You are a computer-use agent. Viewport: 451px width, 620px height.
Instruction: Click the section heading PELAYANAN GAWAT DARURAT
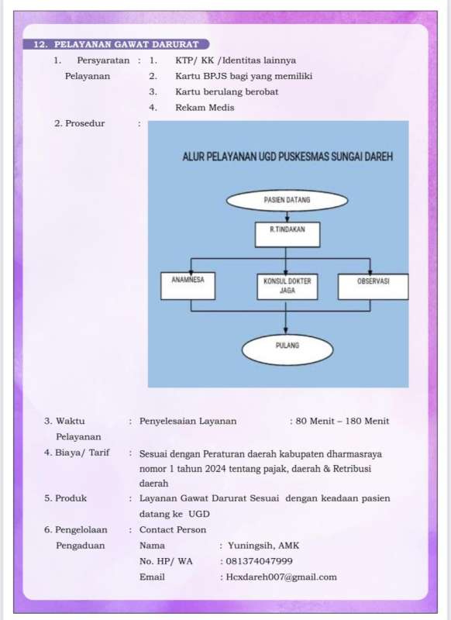(126, 44)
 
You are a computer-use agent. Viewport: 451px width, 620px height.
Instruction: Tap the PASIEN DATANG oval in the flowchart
(287, 201)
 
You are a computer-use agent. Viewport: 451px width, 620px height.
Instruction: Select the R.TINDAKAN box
(287, 235)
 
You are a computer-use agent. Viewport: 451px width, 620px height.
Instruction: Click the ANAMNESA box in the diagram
(188, 285)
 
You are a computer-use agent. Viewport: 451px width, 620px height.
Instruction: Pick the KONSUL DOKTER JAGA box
(287, 286)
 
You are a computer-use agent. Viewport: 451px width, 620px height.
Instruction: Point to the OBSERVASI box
(374, 286)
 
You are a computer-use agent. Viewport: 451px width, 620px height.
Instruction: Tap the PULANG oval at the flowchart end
(287, 350)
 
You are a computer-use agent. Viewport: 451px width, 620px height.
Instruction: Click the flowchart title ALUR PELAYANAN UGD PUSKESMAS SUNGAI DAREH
(287, 157)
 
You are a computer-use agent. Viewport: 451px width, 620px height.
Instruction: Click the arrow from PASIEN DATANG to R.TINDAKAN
(287, 217)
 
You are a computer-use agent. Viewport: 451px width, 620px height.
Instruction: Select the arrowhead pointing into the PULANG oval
(286, 331)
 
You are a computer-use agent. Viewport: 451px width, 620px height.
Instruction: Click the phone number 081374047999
(260, 561)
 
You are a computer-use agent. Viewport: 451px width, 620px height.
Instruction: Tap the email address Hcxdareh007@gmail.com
(281, 577)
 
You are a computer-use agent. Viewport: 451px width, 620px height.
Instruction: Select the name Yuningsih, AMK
(263, 546)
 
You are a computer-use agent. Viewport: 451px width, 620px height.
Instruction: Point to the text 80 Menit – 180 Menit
(343, 421)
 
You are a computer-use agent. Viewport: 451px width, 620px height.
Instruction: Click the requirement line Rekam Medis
(205, 108)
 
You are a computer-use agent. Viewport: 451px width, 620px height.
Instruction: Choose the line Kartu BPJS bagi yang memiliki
(244, 76)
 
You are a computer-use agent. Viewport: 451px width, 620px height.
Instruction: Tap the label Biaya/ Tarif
(82, 453)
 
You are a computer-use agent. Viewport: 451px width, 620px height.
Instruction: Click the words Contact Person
(173, 530)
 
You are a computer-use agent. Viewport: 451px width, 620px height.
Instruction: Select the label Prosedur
(85, 123)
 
